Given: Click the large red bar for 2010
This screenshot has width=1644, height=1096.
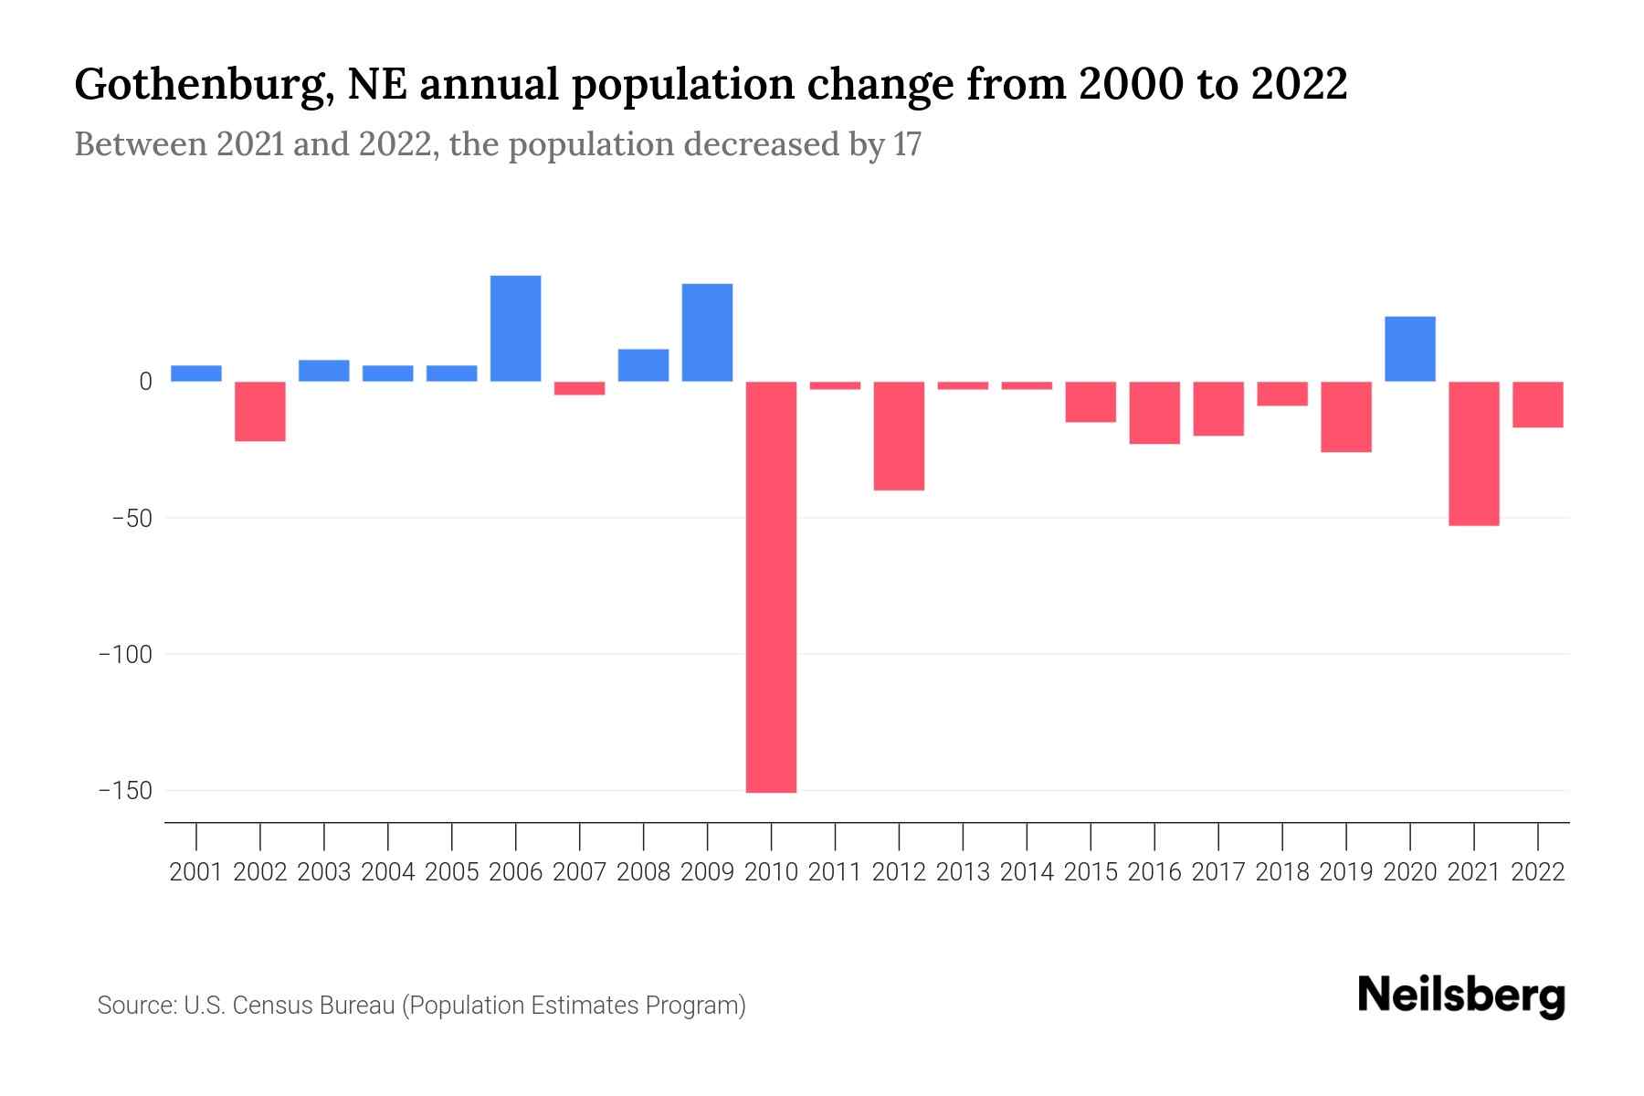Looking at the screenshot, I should [x=771, y=586].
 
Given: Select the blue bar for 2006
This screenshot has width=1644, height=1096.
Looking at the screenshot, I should [x=515, y=328].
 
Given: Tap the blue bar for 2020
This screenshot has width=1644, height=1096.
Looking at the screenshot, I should [x=1409, y=349].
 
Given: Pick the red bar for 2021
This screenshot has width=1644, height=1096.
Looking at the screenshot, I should [x=1473, y=453].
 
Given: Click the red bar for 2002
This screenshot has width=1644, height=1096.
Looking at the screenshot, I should [x=260, y=411].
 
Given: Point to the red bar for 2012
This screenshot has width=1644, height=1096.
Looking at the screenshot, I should [x=899, y=436].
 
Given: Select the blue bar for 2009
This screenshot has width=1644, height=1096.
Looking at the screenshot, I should [x=707, y=332].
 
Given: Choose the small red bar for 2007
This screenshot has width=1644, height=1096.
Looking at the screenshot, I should [x=579, y=388].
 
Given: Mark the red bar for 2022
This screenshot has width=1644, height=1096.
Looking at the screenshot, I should [x=1537, y=404].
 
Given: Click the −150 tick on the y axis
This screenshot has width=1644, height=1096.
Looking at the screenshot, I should [x=125, y=790].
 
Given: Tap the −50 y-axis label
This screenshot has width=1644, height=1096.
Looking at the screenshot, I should [x=132, y=518].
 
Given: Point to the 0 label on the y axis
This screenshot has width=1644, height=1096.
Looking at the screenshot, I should [x=144, y=382].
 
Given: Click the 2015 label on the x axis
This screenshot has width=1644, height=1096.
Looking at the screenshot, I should [x=1091, y=872].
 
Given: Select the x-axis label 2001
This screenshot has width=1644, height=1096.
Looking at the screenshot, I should [x=196, y=872].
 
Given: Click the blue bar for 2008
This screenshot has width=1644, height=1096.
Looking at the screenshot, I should [x=643, y=365].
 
